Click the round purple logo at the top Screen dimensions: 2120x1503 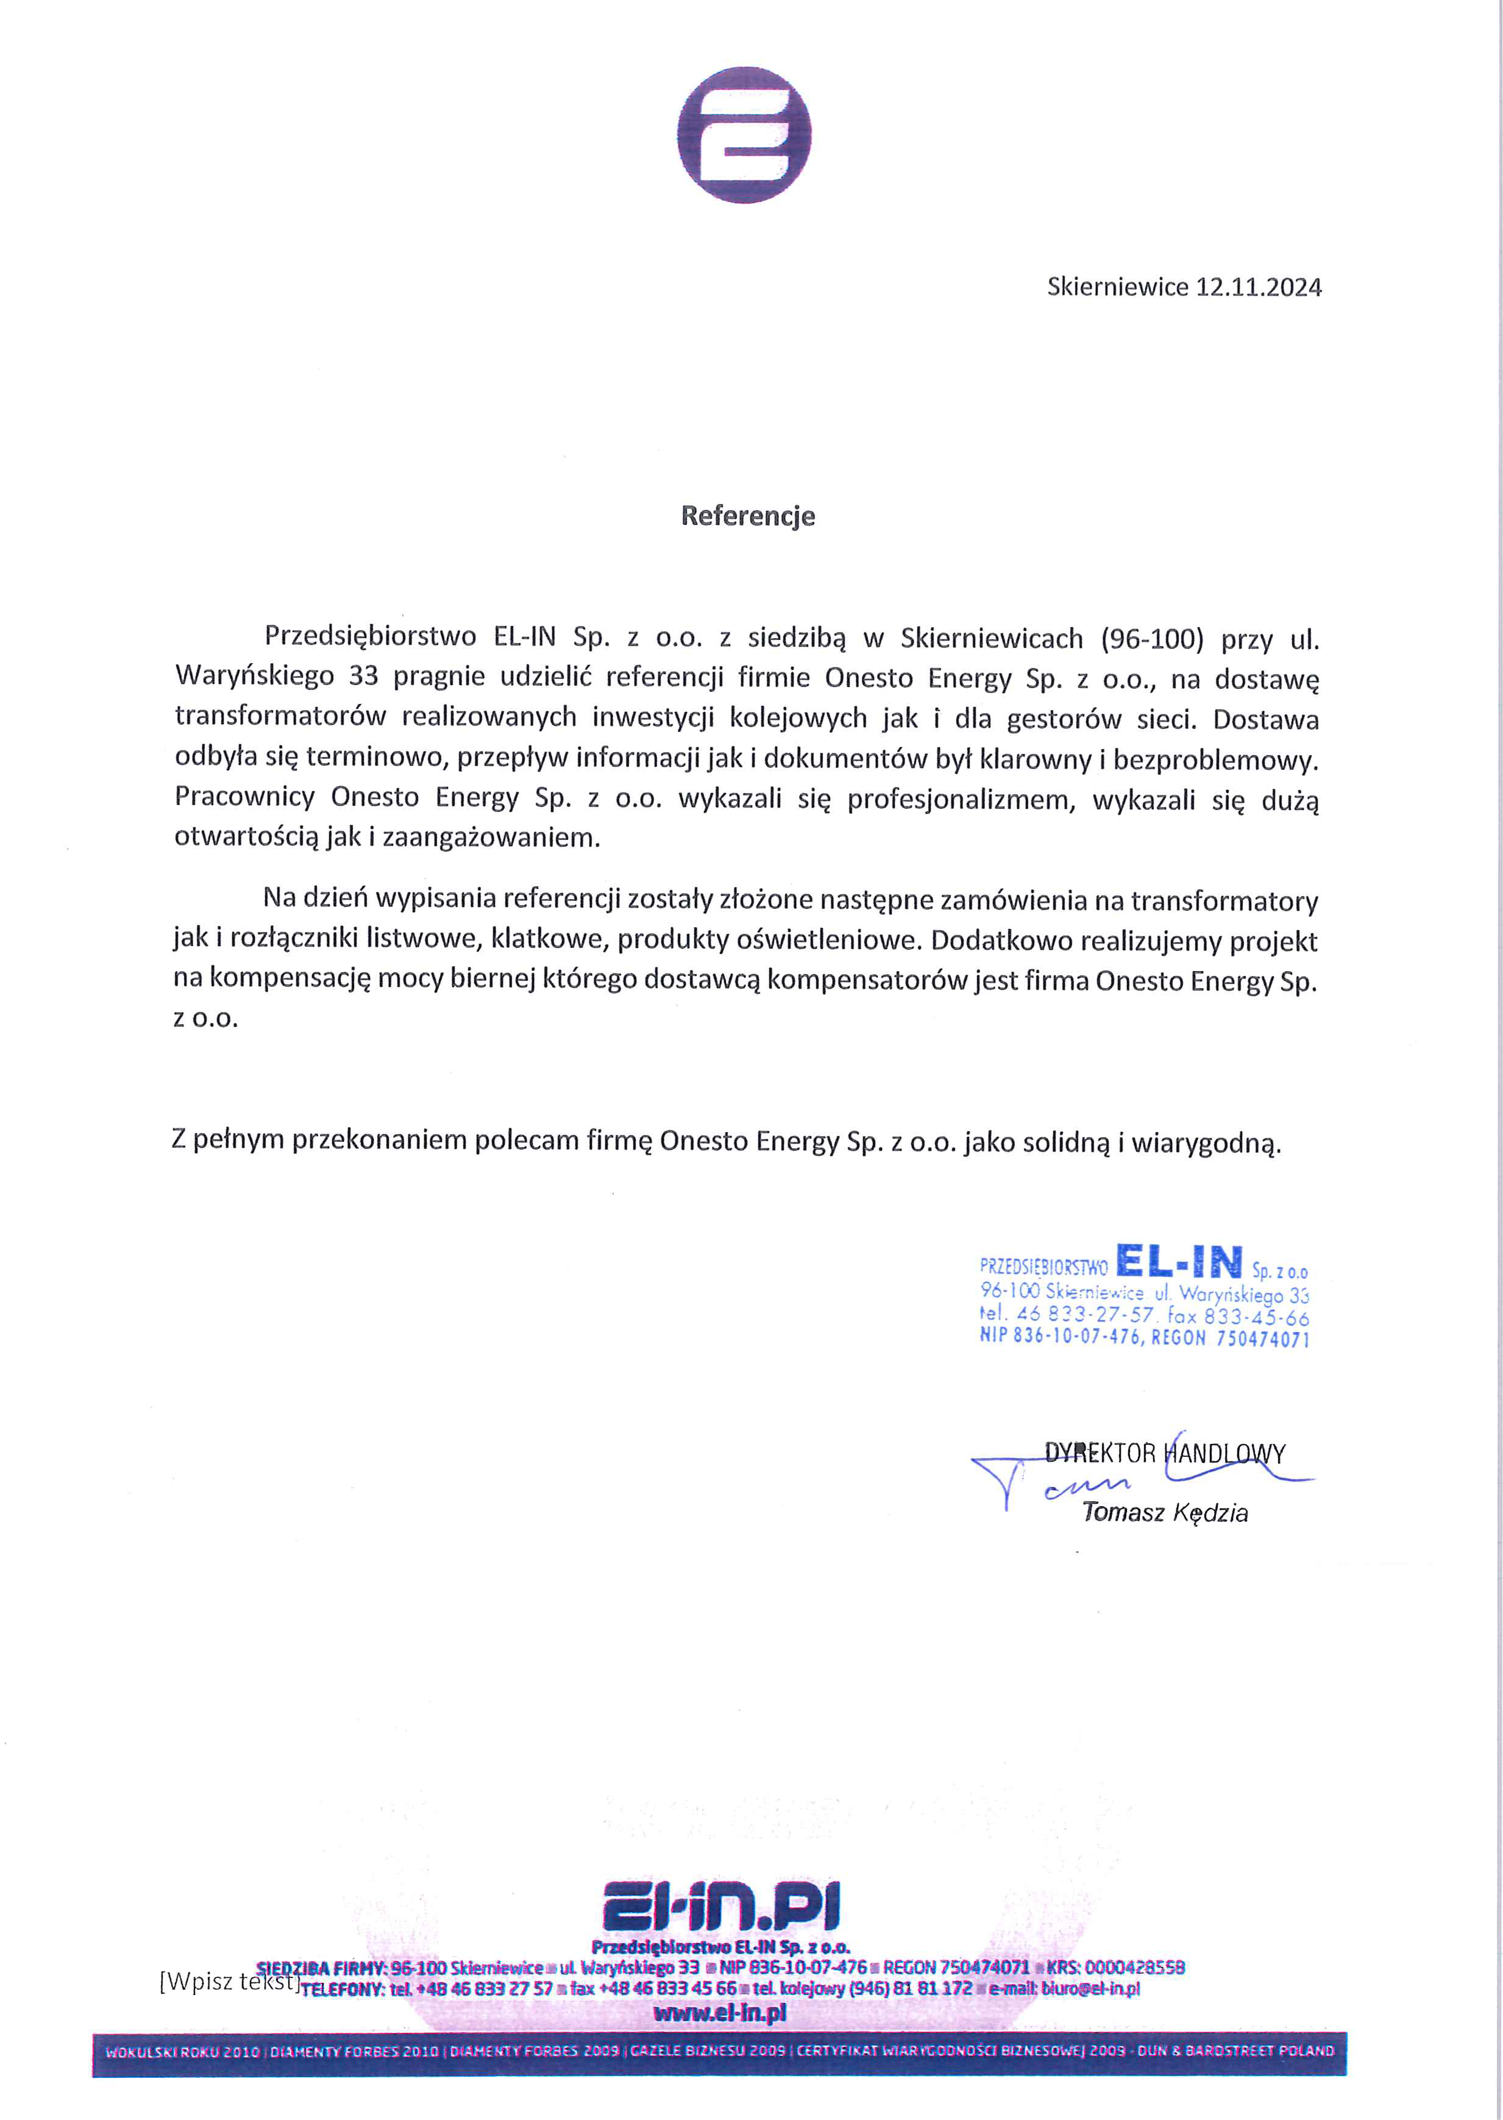tap(744, 135)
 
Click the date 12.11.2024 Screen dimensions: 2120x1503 tap(1259, 287)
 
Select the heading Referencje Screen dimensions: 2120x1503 tap(748, 516)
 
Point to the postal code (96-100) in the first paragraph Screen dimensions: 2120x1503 tap(1152, 638)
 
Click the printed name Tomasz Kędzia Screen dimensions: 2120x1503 tap(1165, 1512)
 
